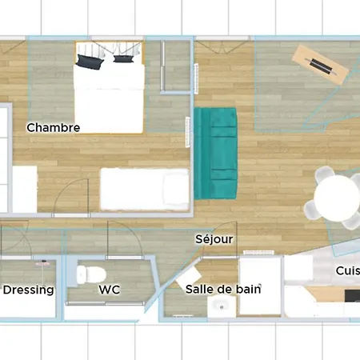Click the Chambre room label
[x=53, y=127]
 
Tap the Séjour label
[x=214, y=238]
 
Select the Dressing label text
[x=28, y=290]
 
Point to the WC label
[x=110, y=290]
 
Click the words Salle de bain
[x=223, y=289]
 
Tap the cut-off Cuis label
[x=347, y=270]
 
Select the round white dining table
[x=337, y=195]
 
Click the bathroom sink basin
[x=218, y=306]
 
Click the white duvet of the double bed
[x=109, y=96]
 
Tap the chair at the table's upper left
[x=322, y=175]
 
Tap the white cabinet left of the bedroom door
[x=24, y=189]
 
